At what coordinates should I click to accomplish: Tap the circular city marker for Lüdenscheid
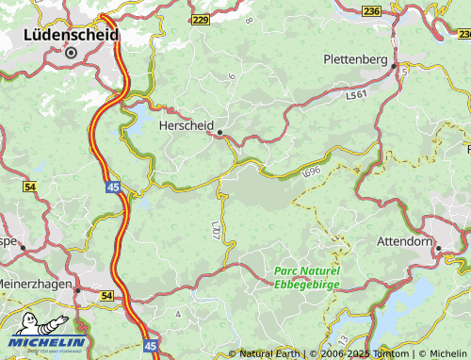(x=71, y=53)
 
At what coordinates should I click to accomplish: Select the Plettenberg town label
(x=355, y=58)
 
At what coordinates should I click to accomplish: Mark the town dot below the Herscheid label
(x=219, y=134)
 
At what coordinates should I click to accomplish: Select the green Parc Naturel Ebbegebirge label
(x=306, y=276)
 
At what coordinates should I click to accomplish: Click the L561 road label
(x=355, y=95)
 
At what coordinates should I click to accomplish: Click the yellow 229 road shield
(x=200, y=20)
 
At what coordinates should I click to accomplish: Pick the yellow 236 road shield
(x=371, y=10)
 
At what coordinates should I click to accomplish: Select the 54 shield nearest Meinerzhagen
(x=106, y=296)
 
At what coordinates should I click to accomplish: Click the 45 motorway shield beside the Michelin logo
(x=152, y=347)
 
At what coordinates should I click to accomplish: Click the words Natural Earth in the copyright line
(x=270, y=353)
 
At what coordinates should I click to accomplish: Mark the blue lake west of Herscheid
(x=137, y=119)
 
